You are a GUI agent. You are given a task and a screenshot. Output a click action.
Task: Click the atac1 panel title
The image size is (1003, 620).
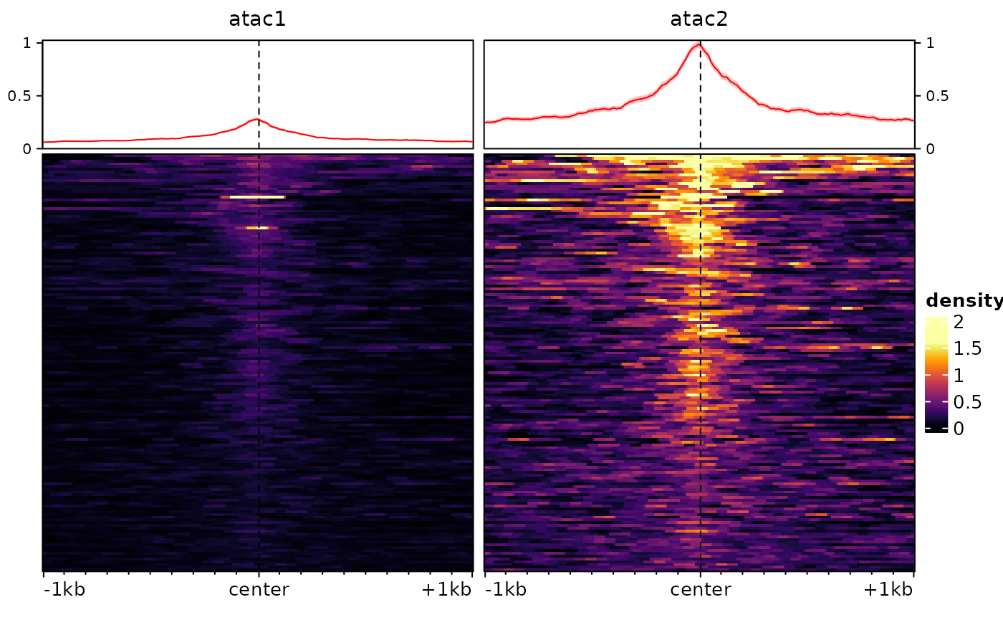tap(257, 19)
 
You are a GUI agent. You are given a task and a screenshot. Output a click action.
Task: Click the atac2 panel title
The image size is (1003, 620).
tap(699, 19)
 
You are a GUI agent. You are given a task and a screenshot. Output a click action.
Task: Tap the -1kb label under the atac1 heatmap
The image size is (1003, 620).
tap(64, 590)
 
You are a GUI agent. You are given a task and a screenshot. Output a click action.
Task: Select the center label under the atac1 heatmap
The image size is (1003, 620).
tap(259, 590)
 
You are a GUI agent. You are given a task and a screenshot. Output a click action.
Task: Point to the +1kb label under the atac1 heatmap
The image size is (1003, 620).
tap(446, 590)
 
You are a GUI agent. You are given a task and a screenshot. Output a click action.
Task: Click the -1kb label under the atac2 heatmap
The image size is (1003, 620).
tap(505, 590)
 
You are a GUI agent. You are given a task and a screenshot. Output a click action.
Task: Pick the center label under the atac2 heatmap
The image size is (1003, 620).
tap(700, 590)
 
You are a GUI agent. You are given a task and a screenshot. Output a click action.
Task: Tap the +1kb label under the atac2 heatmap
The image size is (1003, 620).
tap(888, 590)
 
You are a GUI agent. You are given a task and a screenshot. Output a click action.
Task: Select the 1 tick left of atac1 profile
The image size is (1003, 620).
tap(27, 43)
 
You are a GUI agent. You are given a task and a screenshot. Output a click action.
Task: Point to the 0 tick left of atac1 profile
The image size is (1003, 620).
tap(27, 149)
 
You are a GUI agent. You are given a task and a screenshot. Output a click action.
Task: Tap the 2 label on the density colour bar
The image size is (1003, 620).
tap(958, 322)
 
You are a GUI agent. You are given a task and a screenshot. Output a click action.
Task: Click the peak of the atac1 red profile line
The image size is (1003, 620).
tap(257, 119)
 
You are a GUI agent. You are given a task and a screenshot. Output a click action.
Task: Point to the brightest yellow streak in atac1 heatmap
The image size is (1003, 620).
tap(253, 196)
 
